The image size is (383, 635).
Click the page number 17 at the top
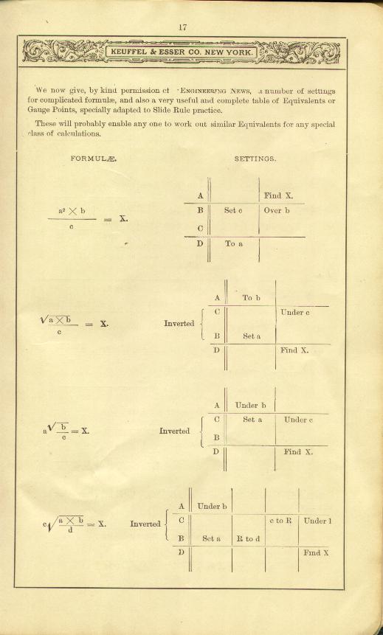click(182, 27)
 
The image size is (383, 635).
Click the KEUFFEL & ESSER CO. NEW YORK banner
click(181, 52)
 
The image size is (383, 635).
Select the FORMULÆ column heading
click(94, 159)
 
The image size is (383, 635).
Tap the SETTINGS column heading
click(255, 159)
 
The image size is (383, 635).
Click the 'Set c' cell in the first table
click(233, 211)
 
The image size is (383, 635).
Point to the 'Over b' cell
click(277, 211)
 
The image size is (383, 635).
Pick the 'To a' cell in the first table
click(234, 243)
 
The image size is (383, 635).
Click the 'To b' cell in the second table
click(252, 298)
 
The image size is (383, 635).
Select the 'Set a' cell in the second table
click(252, 336)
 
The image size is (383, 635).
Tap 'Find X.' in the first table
click(278, 195)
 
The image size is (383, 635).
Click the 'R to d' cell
click(248, 539)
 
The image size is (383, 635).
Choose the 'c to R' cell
click(280, 521)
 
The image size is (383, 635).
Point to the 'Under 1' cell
click(318, 521)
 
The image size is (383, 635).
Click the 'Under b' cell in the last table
click(212, 506)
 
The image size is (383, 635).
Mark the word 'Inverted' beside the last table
click(145, 524)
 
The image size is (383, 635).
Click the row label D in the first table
click(200, 244)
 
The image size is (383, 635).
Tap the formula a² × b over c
click(88, 219)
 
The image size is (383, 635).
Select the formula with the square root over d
click(74, 524)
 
